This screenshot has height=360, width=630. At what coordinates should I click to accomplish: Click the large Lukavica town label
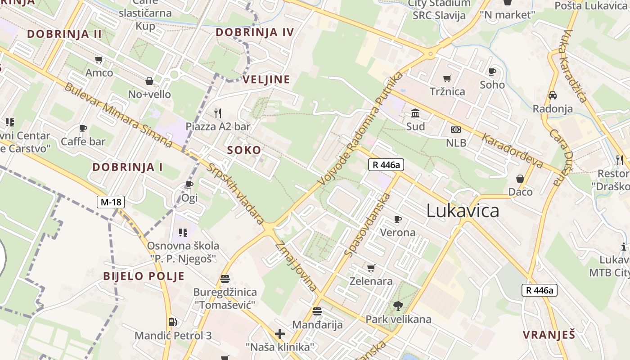point(463,211)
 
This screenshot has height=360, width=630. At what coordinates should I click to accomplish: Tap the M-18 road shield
point(111,202)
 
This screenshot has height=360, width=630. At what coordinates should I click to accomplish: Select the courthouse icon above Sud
point(415,113)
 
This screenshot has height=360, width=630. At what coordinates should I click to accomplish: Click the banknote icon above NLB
point(456,130)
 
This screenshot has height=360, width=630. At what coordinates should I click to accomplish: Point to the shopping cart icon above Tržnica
point(447,79)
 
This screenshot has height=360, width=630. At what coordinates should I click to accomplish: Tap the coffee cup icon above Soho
point(492,72)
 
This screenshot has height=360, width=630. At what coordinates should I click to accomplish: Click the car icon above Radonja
point(553,95)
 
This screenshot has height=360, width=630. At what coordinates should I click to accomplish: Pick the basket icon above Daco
point(520,179)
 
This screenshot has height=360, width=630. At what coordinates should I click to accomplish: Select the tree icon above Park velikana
point(398,306)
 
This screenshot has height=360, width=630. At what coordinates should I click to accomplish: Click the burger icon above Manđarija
point(317,311)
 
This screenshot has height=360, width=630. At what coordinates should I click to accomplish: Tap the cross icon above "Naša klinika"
point(280,334)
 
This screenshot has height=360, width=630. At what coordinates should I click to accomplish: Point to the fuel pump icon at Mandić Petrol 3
point(172,322)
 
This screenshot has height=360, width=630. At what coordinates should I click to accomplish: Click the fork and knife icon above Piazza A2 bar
point(218,113)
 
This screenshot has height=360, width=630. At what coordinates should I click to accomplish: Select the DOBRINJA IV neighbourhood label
point(255,32)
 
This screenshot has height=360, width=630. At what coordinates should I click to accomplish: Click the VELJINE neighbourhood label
point(266,80)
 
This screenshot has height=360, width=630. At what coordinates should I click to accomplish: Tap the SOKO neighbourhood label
point(244,150)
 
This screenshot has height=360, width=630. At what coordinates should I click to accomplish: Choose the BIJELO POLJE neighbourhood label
point(144,276)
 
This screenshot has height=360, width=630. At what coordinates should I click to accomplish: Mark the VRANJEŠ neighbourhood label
point(549,335)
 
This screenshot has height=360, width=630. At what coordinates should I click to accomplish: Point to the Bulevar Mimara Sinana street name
point(118,115)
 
